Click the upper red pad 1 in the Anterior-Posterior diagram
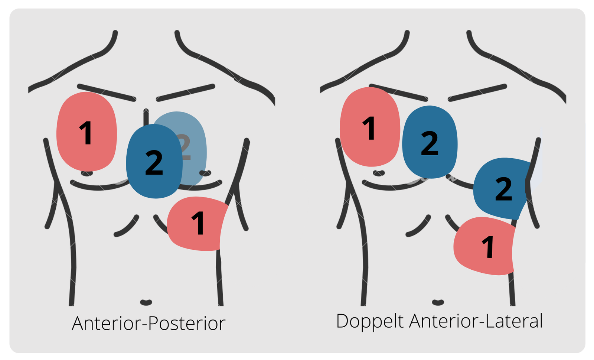[87, 132]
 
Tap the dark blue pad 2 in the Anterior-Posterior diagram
[154, 161]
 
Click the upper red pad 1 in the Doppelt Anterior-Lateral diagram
[370, 127]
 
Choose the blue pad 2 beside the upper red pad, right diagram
[430, 142]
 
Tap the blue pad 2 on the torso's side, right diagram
[503, 189]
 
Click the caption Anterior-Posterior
[148, 323]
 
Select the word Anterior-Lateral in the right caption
[476, 321]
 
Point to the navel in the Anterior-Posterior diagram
[146, 302]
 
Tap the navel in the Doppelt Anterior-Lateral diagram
[438, 302]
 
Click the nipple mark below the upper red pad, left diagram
[87, 173]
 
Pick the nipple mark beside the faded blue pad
[206, 173]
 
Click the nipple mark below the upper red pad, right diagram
[379, 173]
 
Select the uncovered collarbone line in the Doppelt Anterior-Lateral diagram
[477, 93]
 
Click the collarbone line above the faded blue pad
[185, 93]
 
